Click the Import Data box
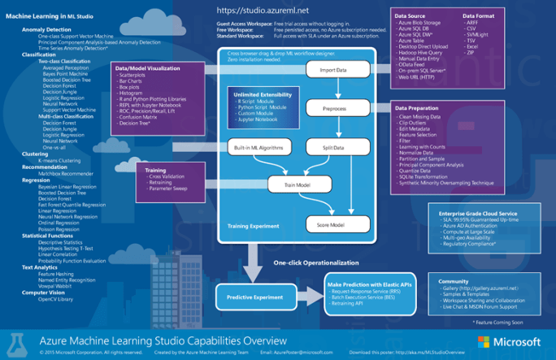(x=333, y=71)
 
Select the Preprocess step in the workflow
(x=333, y=107)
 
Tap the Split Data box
(x=333, y=147)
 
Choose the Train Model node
(x=297, y=185)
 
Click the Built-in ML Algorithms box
(x=258, y=147)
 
